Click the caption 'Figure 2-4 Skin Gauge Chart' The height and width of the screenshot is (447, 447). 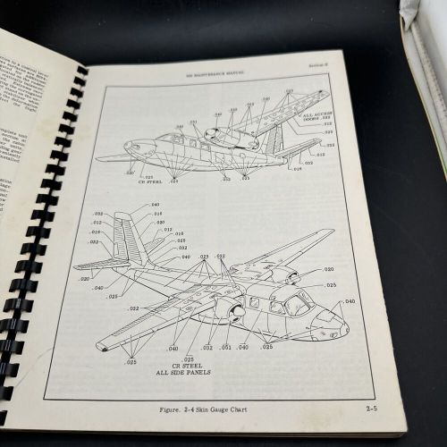[211, 410]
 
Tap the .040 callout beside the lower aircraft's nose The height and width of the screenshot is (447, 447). [350, 302]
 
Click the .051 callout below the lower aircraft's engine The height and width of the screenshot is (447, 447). [225, 348]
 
